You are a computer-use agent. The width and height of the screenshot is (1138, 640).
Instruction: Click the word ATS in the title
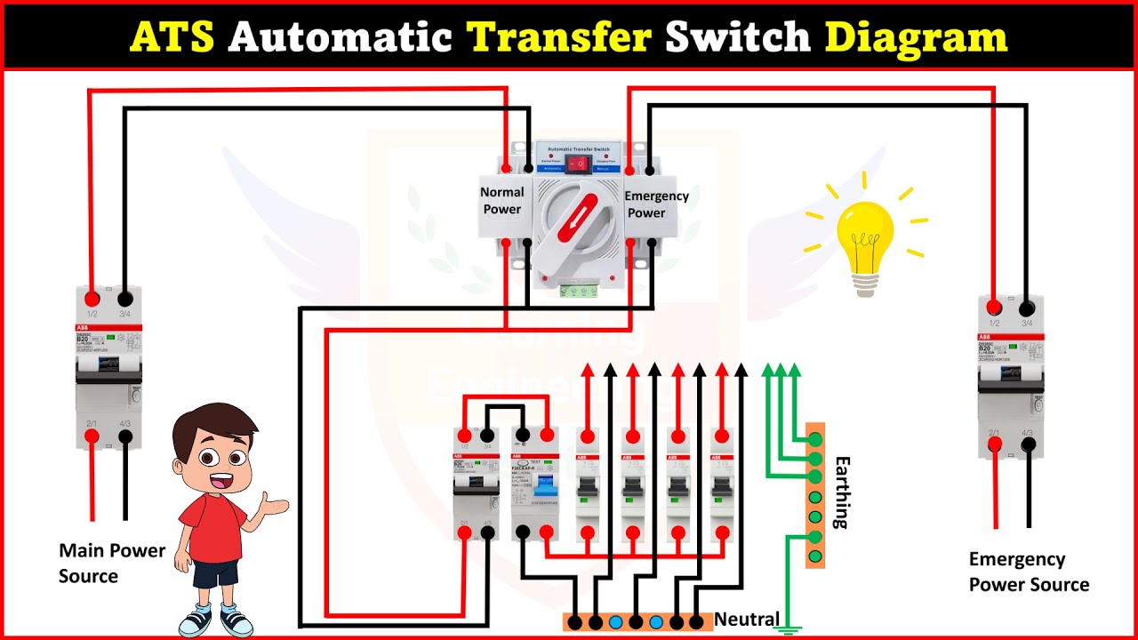point(172,36)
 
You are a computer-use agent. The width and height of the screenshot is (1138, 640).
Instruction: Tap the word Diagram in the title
point(916,36)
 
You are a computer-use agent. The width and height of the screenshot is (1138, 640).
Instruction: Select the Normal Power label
point(502,201)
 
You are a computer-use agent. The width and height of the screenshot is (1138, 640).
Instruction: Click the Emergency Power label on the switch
point(656,204)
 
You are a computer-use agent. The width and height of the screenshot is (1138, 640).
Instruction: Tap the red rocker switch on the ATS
point(579,164)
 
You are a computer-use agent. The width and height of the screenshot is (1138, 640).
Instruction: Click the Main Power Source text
point(112,563)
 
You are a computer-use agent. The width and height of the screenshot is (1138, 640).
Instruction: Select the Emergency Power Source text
point(1029,572)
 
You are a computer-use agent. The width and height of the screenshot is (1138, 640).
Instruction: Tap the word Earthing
point(842,492)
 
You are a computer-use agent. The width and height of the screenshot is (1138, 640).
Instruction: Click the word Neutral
point(747,619)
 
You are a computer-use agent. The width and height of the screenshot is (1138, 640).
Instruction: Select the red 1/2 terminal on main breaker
point(92,299)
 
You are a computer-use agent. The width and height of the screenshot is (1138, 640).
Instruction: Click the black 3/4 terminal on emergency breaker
point(1027,308)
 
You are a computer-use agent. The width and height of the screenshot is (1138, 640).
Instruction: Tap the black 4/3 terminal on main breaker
point(125,436)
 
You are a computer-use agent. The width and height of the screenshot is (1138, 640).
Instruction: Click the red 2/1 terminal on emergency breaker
point(994,445)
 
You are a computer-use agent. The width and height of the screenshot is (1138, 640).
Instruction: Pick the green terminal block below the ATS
point(578,290)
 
